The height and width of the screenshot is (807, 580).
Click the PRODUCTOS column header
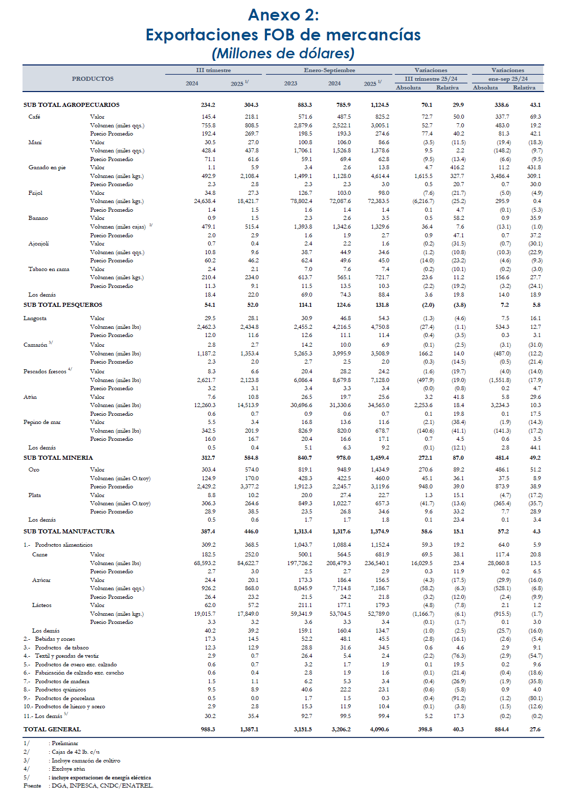click(93, 79)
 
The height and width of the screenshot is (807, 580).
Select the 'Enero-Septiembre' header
click(329, 70)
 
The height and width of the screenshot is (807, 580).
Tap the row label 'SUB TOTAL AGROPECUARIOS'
click(72, 105)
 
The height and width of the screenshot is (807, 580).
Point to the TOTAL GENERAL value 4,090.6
click(380, 729)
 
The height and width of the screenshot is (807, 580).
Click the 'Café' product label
click(34, 117)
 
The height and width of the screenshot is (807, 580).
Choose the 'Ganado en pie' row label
click(47, 168)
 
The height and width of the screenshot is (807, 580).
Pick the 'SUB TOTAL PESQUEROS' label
click(63, 305)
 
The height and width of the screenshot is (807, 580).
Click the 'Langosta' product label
click(35, 319)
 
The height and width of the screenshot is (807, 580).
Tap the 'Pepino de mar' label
click(42, 422)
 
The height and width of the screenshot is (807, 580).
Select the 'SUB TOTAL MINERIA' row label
click(58, 458)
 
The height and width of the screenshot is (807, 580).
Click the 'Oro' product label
click(34, 470)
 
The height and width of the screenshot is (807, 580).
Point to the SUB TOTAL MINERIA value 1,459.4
click(380, 458)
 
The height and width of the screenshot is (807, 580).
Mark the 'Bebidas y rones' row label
click(55, 639)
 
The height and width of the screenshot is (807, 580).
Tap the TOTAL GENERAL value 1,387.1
click(249, 729)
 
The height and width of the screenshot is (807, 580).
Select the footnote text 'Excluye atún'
click(68, 769)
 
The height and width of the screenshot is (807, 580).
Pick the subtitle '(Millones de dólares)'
click(283, 53)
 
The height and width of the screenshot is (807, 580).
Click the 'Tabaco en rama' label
click(49, 270)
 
